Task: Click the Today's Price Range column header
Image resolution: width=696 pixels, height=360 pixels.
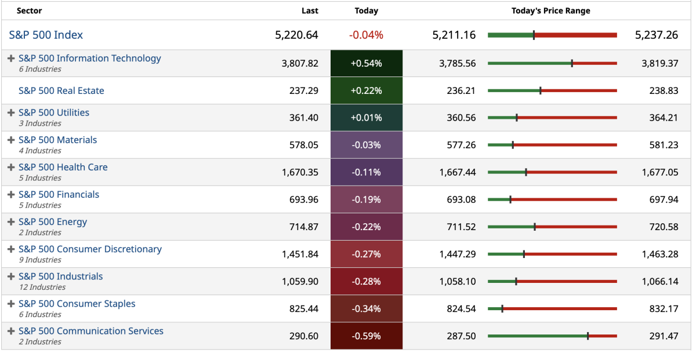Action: tap(550, 10)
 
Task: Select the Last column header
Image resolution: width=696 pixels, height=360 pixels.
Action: tap(310, 10)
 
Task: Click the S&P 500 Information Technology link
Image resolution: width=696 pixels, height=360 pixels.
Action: tap(89, 58)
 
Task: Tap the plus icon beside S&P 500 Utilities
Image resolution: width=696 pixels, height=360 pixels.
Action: tap(11, 112)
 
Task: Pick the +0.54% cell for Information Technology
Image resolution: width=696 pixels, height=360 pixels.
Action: tap(366, 63)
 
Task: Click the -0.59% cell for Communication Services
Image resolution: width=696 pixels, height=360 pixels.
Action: tap(366, 336)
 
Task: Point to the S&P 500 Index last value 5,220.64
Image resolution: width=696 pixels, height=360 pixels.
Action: tap(296, 35)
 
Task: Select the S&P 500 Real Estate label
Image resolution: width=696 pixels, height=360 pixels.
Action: tap(61, 90)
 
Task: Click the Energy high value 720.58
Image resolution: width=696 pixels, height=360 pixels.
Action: tap(664, 227)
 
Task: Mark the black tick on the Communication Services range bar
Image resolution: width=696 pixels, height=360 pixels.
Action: tap(588, 336)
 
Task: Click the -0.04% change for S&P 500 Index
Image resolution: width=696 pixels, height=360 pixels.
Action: tap(366, 35)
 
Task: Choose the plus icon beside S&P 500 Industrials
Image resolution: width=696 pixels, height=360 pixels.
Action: tap(11, 277)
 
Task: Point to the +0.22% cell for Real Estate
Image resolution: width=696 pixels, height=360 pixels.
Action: tap(366, 90)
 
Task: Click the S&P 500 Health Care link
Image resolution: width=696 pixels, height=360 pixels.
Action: tap(63, 167)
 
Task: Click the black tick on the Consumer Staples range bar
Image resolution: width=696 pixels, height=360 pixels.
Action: tap(502, 308)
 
